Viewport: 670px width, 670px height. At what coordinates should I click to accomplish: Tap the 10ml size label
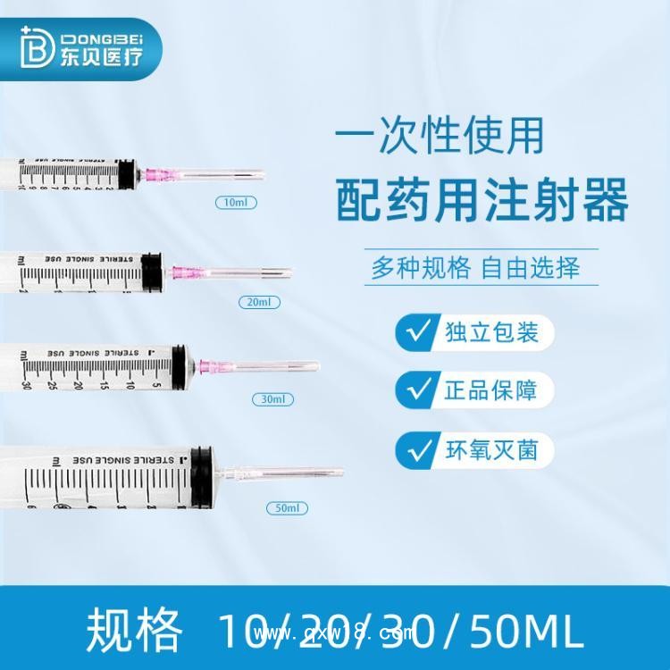click(237, 203)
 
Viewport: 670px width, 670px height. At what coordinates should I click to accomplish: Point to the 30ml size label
click(272, 398)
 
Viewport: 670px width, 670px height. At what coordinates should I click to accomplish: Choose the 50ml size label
click(287, 507)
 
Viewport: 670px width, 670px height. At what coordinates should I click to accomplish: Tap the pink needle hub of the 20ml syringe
click(182, 270)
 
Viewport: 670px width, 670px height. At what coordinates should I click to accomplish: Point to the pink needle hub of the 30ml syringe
click(210, 365)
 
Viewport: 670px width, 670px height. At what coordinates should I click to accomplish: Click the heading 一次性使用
click(438, 138)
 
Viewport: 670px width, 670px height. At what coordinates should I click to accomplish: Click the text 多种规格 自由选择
click(476, 267)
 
